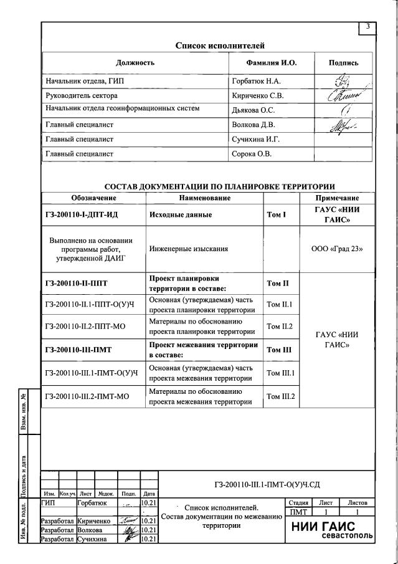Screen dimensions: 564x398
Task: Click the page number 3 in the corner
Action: coord(368,26)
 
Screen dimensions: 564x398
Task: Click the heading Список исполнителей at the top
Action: coord(220,45)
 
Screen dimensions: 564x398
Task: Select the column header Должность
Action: coord(135,63)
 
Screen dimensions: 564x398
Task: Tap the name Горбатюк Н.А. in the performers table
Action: coord(256,82)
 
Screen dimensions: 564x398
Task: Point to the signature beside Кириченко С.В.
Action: coord(340,96)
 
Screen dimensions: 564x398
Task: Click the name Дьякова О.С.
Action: coord(253,110)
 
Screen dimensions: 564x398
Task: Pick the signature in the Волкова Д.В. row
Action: coord(340,125)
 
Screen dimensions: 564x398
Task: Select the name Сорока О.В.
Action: coord(251,153)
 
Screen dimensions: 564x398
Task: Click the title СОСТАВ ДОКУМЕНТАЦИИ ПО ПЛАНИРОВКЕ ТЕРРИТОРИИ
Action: coord(219,186)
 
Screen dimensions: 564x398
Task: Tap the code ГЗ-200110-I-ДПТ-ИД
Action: coord(82,215)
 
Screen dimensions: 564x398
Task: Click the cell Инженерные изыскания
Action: coord(188,249)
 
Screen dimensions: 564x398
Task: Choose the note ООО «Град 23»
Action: coord(337,249)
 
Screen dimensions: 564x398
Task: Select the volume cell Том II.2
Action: coord(280,326)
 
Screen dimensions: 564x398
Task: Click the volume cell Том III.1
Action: coord(280,373)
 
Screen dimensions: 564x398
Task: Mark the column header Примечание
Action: coord(337,198)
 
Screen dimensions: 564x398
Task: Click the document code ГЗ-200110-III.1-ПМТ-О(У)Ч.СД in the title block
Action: coord(267,484)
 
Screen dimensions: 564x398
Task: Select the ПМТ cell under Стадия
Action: coord(296,512)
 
